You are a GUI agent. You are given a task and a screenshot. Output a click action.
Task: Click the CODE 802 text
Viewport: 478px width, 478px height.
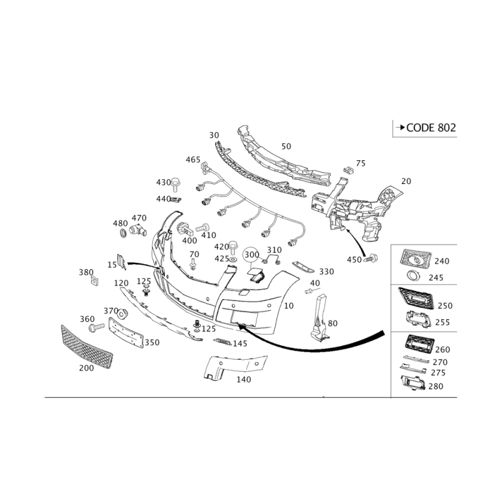(428, 127)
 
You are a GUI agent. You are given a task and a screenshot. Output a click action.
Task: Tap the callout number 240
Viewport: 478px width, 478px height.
(442, 261)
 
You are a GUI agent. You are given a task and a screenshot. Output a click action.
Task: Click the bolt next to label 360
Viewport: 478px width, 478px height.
(96, 328)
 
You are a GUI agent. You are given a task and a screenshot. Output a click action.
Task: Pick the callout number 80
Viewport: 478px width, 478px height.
(332, 322)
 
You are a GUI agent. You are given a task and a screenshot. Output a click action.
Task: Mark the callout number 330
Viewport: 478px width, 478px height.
(326, 271)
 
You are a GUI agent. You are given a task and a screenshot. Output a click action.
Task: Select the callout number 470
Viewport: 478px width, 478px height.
(139, 217)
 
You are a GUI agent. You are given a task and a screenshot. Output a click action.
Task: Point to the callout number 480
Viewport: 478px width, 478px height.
(120, 223)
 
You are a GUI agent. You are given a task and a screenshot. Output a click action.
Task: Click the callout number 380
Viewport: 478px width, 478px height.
(87, 272)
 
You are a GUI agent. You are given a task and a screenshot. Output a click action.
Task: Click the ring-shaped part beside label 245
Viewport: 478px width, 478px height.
(412, 275)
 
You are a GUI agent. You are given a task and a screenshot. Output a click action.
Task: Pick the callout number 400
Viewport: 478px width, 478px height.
(189, 240)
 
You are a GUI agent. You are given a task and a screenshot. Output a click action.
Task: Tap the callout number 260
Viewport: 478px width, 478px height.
(443, 349)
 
